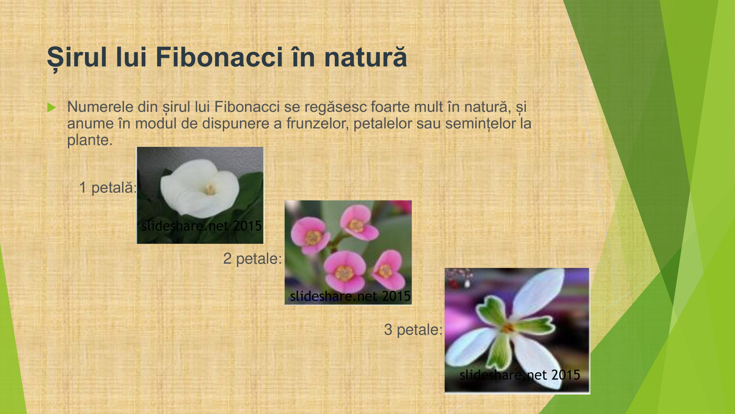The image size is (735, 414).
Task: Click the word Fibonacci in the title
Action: point(219,57)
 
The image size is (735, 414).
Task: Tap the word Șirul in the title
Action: point(77,59)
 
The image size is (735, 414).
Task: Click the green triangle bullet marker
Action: point(51,108)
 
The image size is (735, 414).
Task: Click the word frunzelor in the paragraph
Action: point(318,124)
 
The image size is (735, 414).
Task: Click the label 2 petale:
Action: point(252,259)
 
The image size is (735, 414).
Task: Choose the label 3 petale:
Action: point(413,330)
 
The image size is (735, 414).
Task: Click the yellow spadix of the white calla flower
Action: point(210,190)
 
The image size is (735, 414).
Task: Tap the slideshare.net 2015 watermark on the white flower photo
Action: point(202,226)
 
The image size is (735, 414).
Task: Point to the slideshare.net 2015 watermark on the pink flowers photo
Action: point(350,296)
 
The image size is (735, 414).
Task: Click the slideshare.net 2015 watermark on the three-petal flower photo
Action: point(520,375)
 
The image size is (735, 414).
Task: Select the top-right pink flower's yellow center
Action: point(356,226)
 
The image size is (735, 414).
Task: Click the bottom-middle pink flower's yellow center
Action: point(344,273)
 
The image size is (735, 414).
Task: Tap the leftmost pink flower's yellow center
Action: point(313,238)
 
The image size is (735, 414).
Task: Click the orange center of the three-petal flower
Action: point(508,328)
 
